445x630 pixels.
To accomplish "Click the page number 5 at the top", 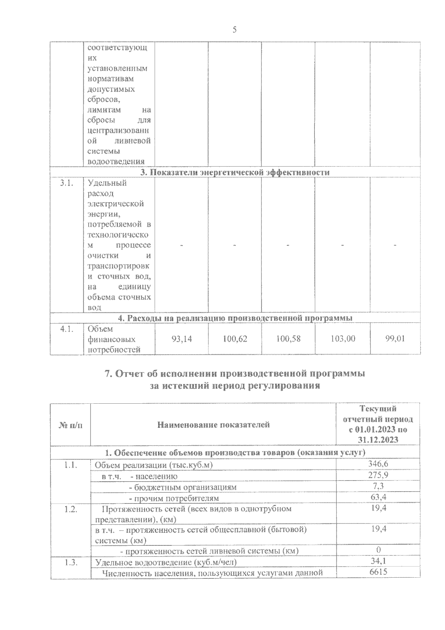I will coord(234,30).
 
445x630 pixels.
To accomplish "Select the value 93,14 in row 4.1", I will coord(182,339).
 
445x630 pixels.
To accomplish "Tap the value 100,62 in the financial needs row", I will coord(235,339).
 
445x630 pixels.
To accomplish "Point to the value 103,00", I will coord(343,339).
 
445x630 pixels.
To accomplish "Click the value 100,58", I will coord(289,339).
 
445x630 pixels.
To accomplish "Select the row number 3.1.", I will coord(67,183).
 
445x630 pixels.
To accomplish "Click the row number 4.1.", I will coord(67,329).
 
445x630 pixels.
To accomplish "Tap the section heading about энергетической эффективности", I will coord(235,173).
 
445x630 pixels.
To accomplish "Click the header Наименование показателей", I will coord(214,425).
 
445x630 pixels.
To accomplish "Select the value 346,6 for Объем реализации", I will coord(378,464).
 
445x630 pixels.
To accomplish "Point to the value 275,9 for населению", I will coord(378,475).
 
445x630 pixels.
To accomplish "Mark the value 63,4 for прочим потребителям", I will coord(378,497).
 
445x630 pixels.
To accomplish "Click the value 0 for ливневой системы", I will coord(378,550).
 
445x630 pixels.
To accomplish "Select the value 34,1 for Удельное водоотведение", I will coord(378,561).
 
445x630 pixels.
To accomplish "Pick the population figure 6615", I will coord(378,572).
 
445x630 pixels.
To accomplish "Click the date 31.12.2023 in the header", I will coord(378,440).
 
